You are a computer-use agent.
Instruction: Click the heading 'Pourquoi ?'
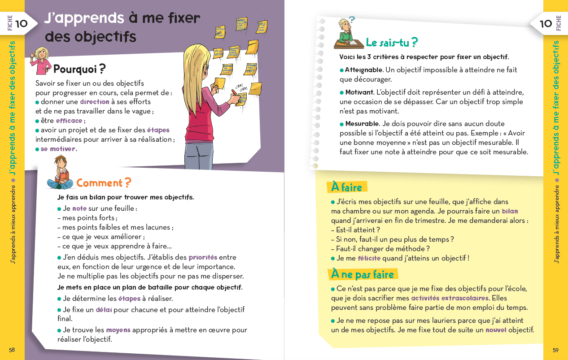coord(79,69)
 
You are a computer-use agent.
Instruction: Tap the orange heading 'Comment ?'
coord(104,183)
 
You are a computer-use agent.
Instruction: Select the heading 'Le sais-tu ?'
coord(392,43)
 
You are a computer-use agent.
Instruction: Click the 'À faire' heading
coord(346,187)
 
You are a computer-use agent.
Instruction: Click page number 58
coord(12,350)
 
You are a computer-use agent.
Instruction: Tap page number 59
coord(555,350)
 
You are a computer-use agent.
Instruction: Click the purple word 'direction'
coord(95,102)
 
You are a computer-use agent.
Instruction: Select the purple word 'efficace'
coord(69,121)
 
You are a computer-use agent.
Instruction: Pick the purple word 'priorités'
coord(203,257)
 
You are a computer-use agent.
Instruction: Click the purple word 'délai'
coord(104,310)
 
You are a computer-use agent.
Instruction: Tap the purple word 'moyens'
coord(118,330)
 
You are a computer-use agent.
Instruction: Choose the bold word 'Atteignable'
coord(364,70)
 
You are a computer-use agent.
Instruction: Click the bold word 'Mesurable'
coord(362,124)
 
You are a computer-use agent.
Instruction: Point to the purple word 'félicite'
coord(369,258)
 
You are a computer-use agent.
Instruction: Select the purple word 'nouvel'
coord(496,330)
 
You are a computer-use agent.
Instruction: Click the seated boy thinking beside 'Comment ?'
coord(61,173)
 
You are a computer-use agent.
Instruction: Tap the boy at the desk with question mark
coord(346,34)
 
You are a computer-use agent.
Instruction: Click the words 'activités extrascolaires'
coord(450,298)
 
